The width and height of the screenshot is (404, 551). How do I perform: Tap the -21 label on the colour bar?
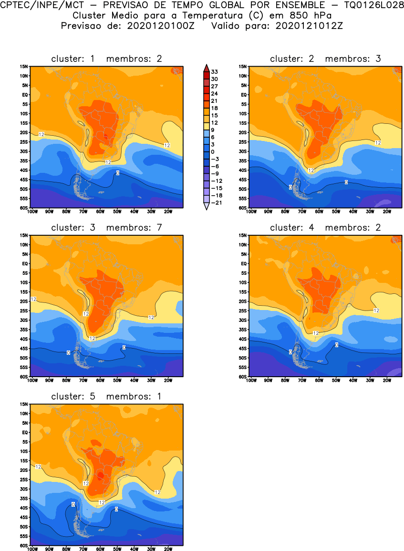[x=216, y=202]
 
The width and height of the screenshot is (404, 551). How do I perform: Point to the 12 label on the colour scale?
[x=215, y=122]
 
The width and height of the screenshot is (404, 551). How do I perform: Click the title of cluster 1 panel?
[x=107, y=59]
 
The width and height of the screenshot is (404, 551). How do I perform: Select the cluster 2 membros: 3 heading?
[x=325, y=59]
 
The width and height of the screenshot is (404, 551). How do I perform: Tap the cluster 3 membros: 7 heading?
[x=107, y=228]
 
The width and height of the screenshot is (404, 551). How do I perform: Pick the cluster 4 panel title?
[x=325, y=228]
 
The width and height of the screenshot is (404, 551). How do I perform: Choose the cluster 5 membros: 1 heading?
[x=107, y=397]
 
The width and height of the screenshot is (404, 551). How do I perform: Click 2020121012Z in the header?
[x=309, y=26]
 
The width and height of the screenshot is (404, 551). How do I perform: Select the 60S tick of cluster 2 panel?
[x=243, y=208]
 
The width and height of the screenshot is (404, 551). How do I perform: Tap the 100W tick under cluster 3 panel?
[x=32, y=381]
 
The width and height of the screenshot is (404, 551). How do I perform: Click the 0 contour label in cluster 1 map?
[x=118, y=173]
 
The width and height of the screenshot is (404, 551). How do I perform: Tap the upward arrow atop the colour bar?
[x=206, y=67]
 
